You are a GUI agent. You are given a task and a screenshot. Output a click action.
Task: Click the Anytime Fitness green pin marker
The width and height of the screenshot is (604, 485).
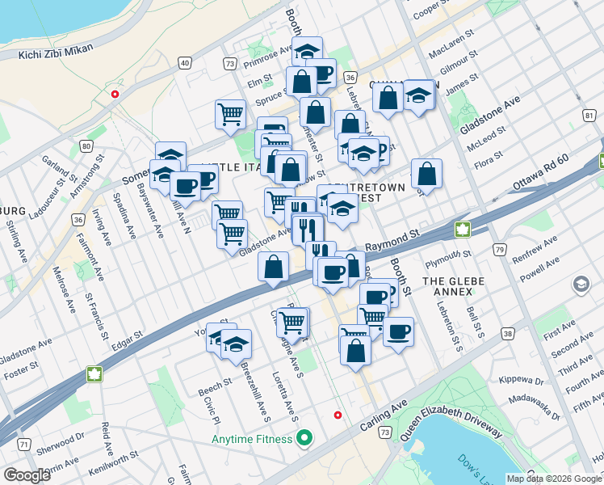(x=304, y=440)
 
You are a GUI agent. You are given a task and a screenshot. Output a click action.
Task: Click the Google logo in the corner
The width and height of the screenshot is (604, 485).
(x=27, y=475)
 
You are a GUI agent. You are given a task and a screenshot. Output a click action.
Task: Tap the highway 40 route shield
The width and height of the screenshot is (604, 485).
(x=185, y=62)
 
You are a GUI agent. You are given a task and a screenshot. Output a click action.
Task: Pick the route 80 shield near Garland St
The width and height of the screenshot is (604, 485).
(x=86, y=146)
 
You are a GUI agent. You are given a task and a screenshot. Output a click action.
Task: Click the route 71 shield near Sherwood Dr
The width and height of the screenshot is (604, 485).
(x=25, y=445)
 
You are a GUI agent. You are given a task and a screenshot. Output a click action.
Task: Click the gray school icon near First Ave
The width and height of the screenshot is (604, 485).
(x=581, y=285)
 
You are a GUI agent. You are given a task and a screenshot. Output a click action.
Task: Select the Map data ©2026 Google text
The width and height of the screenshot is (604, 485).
(x=554, y=479)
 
